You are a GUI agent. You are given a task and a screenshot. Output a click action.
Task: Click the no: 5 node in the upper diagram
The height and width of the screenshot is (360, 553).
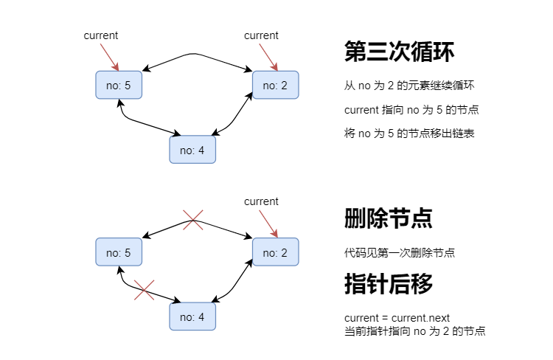pos(119,85)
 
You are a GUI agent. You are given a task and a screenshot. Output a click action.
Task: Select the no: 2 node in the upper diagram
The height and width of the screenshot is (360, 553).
pos(276,85)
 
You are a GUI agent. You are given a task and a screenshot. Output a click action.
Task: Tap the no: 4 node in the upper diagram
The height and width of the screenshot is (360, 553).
pos(192,150)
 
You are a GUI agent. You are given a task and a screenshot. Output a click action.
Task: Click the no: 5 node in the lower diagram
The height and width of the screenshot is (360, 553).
pos(119,252)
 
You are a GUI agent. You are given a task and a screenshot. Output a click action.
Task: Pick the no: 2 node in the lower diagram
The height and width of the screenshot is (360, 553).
pos(276,252)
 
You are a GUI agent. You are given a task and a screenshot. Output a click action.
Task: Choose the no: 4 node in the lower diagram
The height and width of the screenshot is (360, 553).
pos(192,316)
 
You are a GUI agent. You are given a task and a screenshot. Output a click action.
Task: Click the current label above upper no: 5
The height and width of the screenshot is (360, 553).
pos(101,35)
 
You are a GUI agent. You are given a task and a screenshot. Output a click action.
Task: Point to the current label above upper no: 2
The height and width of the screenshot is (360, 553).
pos(261,35)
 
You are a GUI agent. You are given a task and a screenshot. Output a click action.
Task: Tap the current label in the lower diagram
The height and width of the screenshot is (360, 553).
pos(261,201)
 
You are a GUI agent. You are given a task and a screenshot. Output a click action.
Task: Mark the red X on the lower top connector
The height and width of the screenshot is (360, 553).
pos(193,220)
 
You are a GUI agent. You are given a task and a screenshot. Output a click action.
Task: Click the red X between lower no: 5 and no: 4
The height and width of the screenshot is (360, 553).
pos(145,290)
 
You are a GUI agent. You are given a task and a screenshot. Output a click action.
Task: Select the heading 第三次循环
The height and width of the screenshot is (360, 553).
pos(399,52)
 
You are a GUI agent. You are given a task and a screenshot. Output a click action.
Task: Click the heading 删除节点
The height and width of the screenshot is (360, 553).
pos(389,218)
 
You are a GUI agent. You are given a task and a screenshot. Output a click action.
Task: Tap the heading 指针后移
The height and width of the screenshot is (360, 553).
pos(389,284)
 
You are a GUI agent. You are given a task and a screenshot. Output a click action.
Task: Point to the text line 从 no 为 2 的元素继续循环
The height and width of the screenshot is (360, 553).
pos(409,86)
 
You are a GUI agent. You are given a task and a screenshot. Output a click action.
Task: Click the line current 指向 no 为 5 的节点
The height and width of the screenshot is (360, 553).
pos(411,110)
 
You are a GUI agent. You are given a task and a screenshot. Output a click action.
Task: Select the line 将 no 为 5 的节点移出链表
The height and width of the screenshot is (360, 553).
pos(409,134)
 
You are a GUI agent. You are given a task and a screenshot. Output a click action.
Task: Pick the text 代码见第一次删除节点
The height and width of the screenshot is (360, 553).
pos(400,253)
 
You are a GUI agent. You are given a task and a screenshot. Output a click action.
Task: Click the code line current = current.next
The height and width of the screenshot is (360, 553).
pos(397,318)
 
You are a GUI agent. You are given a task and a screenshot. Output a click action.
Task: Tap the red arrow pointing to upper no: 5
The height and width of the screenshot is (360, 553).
pos(110,58)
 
